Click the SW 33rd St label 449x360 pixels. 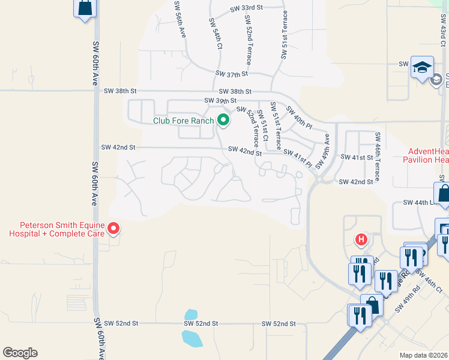pyautogui.click(x=247, y=8)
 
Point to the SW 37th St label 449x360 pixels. pyautogui.click(x=232, y=74)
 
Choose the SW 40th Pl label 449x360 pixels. pyautogui.click(x=300, y=117)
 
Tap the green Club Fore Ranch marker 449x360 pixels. pyautogui.click(x=223, y=120)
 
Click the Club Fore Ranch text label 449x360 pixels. pyautogui.click(x=183, y=121)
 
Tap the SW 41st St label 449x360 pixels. pyautogui.click(x=357, y=157)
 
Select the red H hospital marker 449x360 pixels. pyautogui.click(x=361, y=240)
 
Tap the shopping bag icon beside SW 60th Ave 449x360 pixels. pyautogui.click(x=85, y=8)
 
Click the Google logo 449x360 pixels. pyautogui.click(x=20, y=353)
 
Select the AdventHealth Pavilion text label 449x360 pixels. pyautogui.click(x=427, y=155)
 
